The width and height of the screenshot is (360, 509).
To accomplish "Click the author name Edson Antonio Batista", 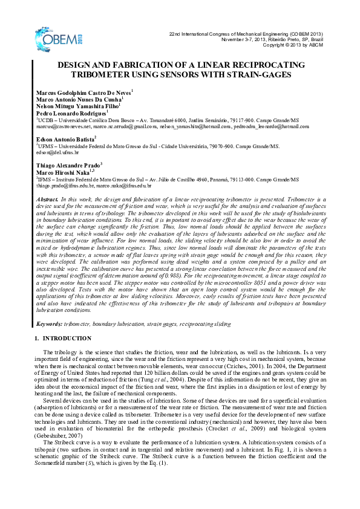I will tap(66, 139).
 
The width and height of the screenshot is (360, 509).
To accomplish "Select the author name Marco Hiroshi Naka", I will tap(64, 172).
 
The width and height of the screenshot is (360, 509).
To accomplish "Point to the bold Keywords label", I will tap(50, 325).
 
